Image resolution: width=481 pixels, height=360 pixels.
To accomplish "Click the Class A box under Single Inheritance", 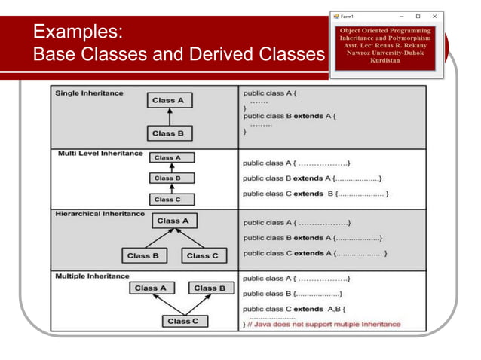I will click(x=168, y=100).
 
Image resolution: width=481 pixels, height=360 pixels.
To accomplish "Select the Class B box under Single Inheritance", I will click(x=168, y=133).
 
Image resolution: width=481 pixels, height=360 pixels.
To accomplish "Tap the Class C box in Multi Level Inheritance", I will click(x=167, y=200).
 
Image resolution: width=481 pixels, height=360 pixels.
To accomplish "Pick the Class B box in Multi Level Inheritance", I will click(x=167, y=178).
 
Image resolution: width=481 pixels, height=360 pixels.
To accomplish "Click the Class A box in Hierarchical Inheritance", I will click(x=173, y=221).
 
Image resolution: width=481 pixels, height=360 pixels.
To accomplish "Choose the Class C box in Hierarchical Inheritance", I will click(x=202, y=255).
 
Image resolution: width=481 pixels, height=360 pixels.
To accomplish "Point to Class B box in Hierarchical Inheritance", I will click(x=143, y=255).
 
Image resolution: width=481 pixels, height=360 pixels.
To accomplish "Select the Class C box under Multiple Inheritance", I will click(x=184, y=322).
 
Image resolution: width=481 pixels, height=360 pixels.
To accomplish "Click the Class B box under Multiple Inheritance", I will click(x=210, y=288).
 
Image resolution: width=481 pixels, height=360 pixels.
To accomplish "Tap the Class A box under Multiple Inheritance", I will click(x=151, y=288).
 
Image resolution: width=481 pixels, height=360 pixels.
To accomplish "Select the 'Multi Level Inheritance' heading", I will click(x=100, y=154).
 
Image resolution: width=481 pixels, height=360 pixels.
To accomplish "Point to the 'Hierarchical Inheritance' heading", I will click(x=100, y=214).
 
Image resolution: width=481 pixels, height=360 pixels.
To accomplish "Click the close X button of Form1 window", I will click(x=434, y=16).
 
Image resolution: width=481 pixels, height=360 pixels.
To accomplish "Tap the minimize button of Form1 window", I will click(x=400, y=16).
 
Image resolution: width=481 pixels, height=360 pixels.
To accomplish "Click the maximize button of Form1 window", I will click(x=418, y=16).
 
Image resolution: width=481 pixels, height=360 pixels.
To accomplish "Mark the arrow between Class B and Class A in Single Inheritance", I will click(x=169, y=117).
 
